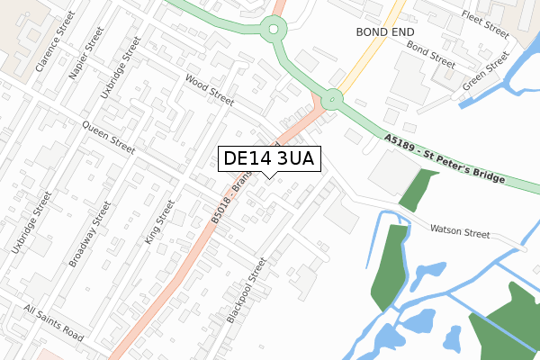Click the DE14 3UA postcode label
point(267,158)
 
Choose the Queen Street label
point(107,138)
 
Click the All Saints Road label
point(54,323)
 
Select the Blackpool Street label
point(247,291)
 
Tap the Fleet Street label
point(484,21)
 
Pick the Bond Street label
point(430,53)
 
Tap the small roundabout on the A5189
point(332,98)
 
